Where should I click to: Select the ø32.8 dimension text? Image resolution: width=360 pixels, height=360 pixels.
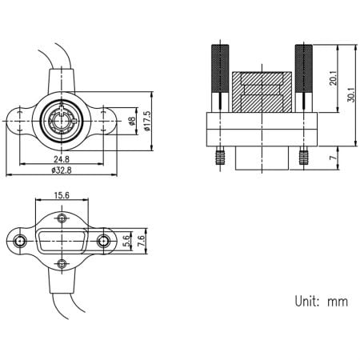click(61, 170)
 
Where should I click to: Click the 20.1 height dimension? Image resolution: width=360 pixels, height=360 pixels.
click(333, 80)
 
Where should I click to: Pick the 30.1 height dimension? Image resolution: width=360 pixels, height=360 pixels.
click(350, 94)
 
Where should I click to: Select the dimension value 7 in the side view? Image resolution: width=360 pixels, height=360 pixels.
click(333, 158)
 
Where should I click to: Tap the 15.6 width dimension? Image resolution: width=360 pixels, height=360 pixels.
click(62, 195)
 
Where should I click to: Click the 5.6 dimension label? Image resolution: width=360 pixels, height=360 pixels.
click(127, 240)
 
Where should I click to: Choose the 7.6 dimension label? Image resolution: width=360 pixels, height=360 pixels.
click(140, 240)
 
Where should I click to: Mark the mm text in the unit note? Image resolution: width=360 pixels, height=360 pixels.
click(338, 302)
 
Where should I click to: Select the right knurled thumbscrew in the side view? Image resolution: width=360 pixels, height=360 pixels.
click(304, 72)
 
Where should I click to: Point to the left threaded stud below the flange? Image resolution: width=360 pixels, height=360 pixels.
click(217, 158)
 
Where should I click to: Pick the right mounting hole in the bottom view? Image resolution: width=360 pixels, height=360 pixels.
click(104, 240)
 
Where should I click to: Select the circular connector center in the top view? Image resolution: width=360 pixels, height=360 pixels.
click(61, 122)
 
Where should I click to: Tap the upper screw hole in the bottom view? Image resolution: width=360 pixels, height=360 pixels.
click(62, 218)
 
